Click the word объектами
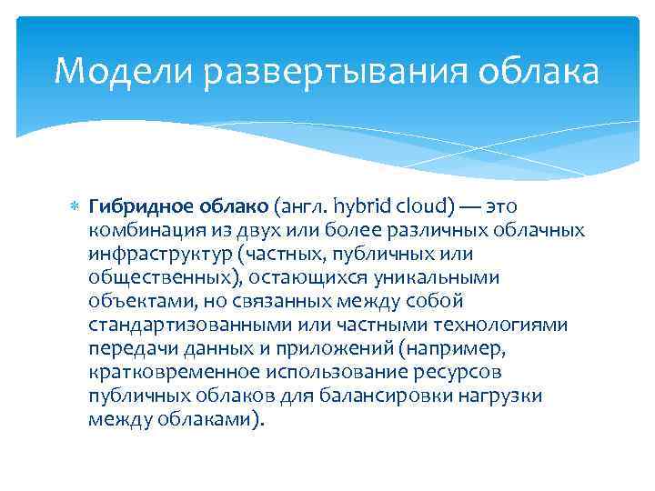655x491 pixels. [135, 301]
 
